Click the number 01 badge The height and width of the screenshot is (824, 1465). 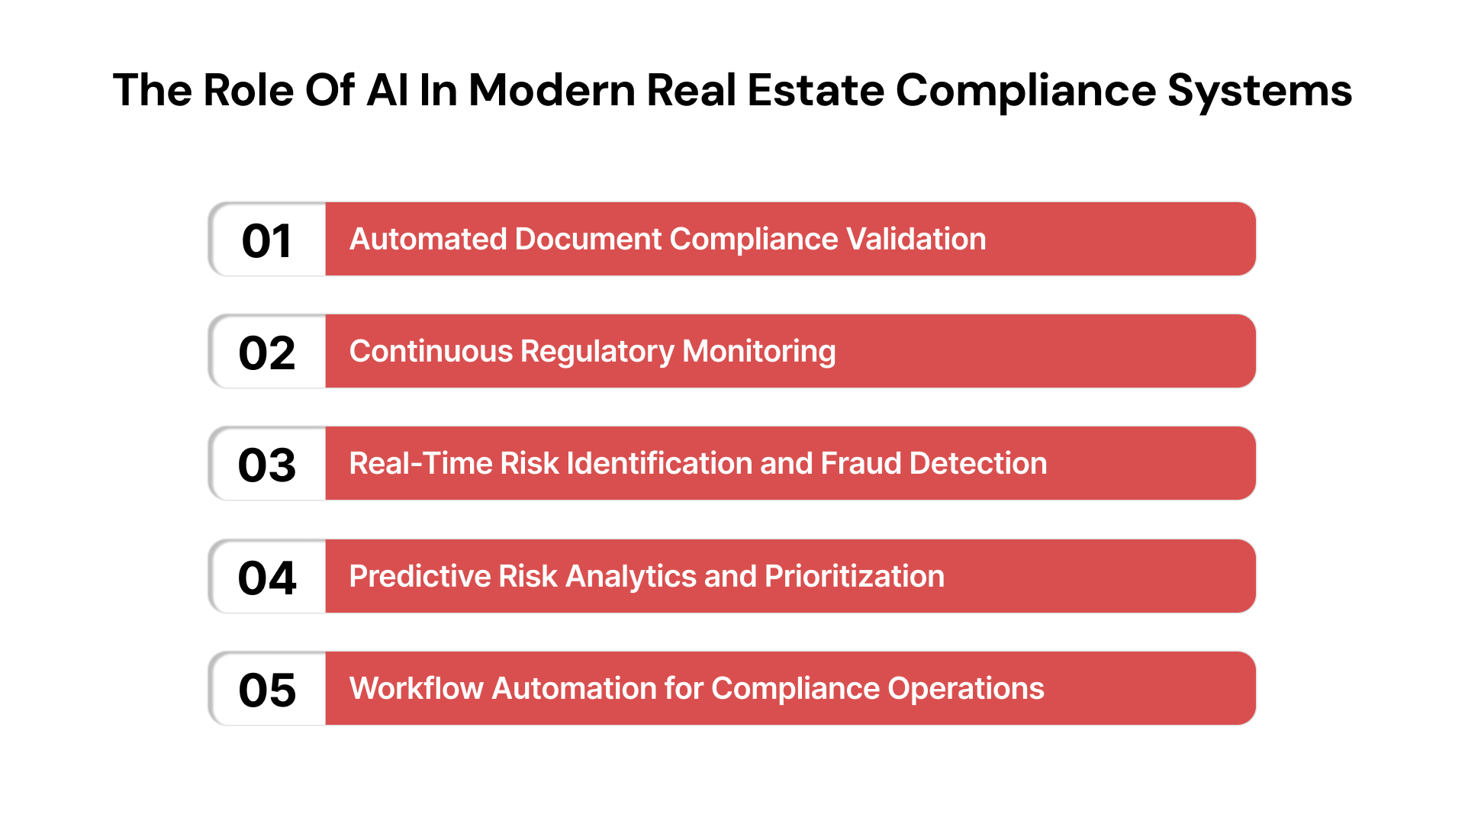[x=267, y=240]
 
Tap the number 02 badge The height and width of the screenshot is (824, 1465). [x=267, y=352]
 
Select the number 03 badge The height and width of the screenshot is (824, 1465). [x=267, y=465]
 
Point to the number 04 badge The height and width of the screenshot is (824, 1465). [x=267, y=577]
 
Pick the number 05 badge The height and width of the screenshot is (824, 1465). [x=267, y=690]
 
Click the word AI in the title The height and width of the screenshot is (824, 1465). [x=387, y=90]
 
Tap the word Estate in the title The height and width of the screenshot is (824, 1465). [x=815, y=90]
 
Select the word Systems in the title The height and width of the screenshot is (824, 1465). [x=1260, y=92]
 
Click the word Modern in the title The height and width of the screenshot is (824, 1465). [x=552, y=90]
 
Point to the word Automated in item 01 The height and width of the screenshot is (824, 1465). [x=427, y=240]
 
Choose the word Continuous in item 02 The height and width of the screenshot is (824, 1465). [x=431, y=352]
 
